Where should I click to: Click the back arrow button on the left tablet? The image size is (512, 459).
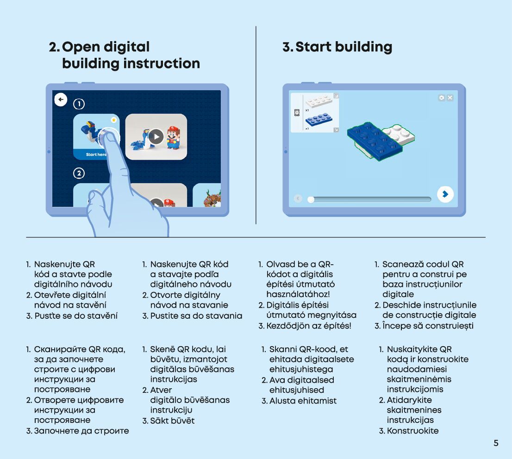click(61, 99)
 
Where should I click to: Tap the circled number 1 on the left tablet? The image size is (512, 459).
click(79, 104)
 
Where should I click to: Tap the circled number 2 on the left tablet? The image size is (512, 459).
click(79, 174)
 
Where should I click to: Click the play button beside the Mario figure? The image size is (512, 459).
click(156, 136)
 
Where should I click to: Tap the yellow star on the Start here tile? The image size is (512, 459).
click(113, 120)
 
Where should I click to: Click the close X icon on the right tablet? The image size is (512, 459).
click(450, 98)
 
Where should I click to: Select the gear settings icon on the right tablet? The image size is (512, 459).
click(442, 98)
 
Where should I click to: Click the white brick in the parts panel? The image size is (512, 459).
click(319, 102)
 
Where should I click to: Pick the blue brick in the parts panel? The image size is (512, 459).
click(319, 120)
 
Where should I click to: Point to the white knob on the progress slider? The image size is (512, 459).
click(311, 199)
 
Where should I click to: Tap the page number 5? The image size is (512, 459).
click(496, 443)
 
